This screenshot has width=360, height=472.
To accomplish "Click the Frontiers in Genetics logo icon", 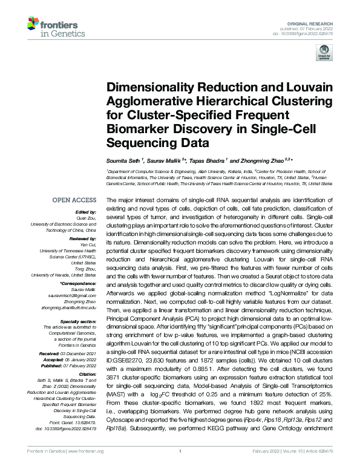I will pos(33,25).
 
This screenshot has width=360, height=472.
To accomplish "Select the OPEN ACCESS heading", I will pos(74,199).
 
